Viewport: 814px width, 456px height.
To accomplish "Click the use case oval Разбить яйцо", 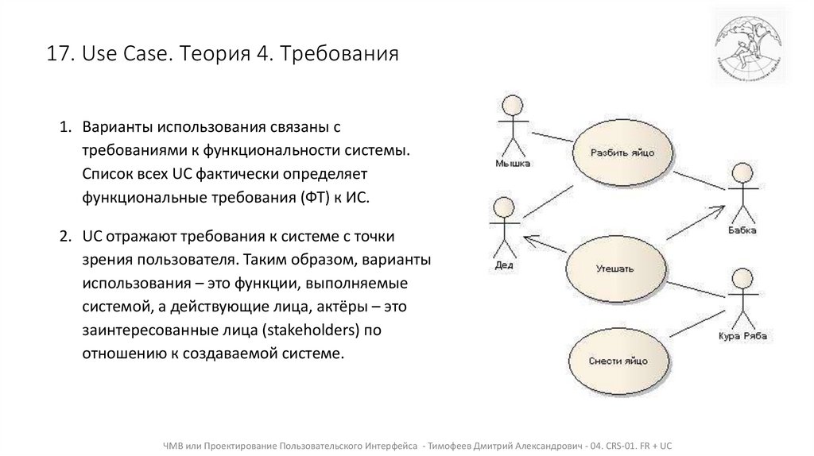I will pos(622,152).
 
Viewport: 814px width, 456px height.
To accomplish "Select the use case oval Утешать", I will pos(614,269).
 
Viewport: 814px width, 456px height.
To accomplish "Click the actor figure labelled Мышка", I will pos(510,127).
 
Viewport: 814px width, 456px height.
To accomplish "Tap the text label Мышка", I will pos(511,164).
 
